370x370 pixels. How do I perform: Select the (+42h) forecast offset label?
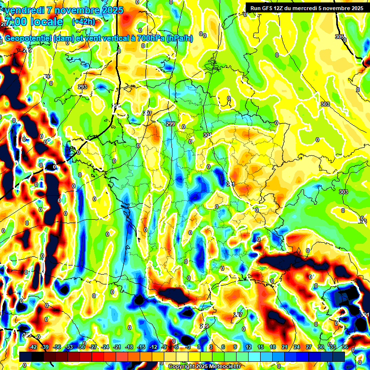pos(83,22)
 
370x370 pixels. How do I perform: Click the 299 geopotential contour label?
pos(170,124)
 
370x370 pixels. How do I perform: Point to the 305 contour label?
pos(340,37)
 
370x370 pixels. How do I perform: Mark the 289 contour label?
pos(204,327)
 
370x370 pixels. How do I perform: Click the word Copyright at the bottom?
pos(182,366)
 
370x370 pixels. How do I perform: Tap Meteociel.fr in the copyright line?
pos(224,366)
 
